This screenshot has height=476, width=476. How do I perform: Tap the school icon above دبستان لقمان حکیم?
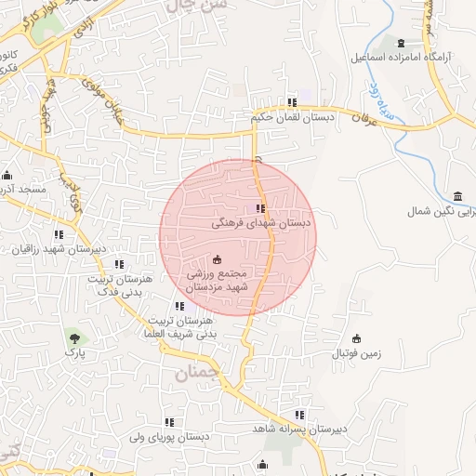(x=292, y=102)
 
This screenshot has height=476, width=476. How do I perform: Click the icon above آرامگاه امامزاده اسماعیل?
(x=401, y=44)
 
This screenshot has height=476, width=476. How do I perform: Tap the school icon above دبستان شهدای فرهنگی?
(x=259, y=209)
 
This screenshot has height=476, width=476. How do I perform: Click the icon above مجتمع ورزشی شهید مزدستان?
(x=218, y=259)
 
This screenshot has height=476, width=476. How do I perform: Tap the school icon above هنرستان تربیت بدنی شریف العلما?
(x=179, y=306)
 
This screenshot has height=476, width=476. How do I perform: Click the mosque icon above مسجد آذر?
(x=8, y=176)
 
